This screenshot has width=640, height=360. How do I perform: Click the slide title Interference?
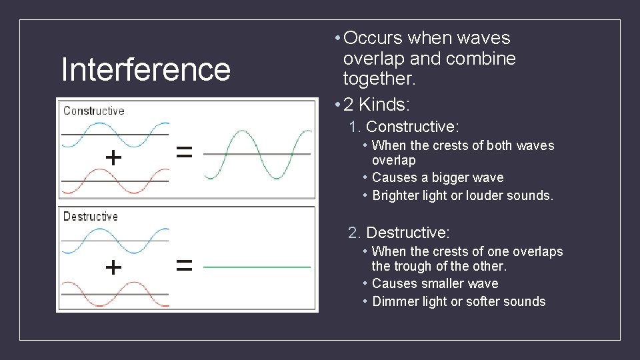(x=145, y=70)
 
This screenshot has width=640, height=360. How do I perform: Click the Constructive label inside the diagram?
(x=93, y=111)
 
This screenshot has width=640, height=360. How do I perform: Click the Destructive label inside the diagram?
(x=90, y=217)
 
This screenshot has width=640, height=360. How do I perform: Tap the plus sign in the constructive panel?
(x=114, y=158)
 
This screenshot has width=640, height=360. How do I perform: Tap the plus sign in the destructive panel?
(x=114, y=267)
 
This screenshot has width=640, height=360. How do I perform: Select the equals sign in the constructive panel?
(x=184, y=153)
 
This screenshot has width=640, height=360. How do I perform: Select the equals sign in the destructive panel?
(x=184, y=266)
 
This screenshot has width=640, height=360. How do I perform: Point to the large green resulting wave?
(x=257, y=154)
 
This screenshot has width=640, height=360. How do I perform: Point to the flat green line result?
(x=257, y=267)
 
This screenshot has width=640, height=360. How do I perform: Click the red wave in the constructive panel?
(x=115, y=181)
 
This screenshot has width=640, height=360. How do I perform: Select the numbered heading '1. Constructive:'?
(x=404, y=127)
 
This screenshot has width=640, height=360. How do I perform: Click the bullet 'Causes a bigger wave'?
(x=437, y=177)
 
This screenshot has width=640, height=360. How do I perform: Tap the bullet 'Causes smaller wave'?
(x=435, y=283)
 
